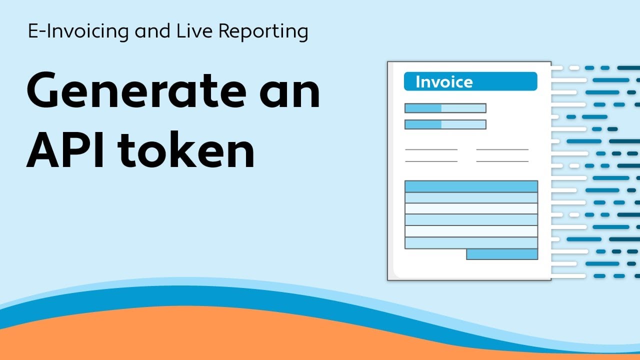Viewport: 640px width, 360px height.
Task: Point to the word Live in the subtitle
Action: (x=190, y=31)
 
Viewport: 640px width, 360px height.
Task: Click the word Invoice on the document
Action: (x=444, y=82)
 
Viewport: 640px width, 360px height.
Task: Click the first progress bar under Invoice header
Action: (x=445, y=108)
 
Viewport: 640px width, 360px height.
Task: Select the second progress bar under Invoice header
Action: (x=445, y=124)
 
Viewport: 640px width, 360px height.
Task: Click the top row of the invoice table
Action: (x=471, y=186)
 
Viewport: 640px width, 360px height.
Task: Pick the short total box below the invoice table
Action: (x=502, y=254)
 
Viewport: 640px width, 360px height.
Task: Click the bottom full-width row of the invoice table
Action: (x=471, y=242)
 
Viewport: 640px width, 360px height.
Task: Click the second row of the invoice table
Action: (x=471, y=197)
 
